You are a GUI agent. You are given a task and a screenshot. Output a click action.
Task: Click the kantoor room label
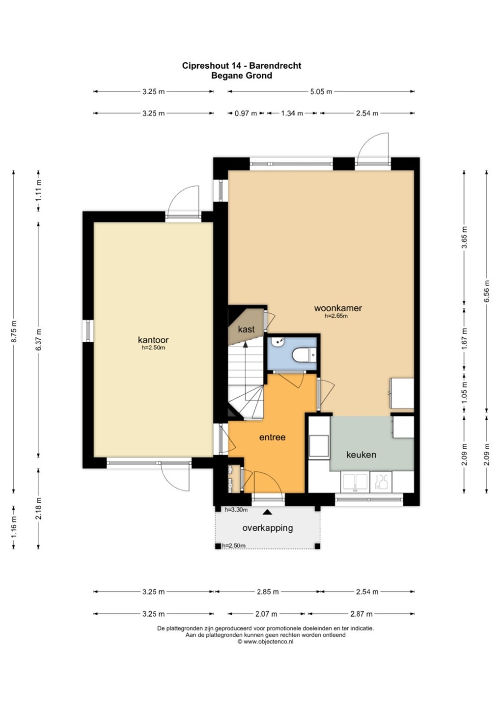(153, 340)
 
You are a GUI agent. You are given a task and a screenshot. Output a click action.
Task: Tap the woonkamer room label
(338, 308)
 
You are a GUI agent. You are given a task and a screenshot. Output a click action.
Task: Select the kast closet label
(246, 329)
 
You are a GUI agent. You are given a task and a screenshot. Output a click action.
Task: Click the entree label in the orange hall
(272, 437)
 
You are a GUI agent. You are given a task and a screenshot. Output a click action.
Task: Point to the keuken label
(361, 455)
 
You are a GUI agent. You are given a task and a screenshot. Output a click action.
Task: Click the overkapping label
(267, 528)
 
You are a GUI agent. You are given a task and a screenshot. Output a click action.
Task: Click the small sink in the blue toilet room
(278, 342)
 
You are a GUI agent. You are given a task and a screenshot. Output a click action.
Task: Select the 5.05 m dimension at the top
(321, 92)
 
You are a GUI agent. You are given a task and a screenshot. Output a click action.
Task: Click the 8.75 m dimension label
(14, 331)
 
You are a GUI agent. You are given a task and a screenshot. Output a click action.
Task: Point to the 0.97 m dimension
(246, 113)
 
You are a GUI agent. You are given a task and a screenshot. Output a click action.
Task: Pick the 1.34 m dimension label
(292, 113)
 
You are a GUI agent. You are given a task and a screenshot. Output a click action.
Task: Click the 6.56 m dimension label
(486, 291)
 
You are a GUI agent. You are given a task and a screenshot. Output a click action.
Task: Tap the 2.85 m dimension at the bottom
(268, 592)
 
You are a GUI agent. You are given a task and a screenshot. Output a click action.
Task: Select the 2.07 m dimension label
(266, 614)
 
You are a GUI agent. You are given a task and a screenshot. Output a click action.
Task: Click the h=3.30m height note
(236, 510)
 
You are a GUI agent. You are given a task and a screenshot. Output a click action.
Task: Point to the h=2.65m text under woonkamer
(336, 316)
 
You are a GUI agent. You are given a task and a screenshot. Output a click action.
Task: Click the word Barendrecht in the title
(275, 66)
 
